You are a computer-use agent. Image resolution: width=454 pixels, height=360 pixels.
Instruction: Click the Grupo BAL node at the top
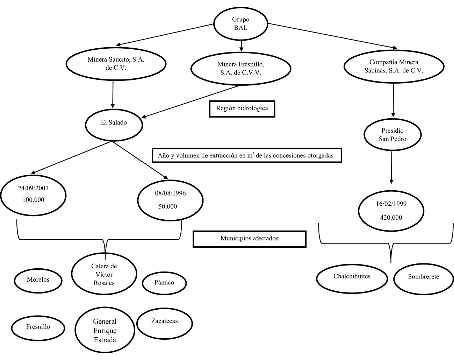pyautogui.click(x=240, y=24)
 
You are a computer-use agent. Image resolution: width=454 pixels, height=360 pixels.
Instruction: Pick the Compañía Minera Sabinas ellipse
pyautogui.click(x=394, y=66)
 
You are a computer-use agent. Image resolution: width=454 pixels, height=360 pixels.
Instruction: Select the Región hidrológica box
pyautogui.click(x=242, y=108)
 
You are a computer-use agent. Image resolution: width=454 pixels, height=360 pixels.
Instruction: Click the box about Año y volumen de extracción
pyautogui.click(x=247, y=156)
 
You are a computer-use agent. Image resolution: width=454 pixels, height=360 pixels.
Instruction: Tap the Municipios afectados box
pyautogui.click(x=249, y=239)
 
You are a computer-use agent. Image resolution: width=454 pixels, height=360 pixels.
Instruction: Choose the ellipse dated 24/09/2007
pyautogui.click(x=33, y=194)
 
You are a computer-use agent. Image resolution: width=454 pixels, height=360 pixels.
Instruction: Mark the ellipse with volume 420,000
pyautogui.click(x=391, y=211)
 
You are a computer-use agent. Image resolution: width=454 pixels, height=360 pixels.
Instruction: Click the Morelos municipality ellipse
pyautogui.click(x=38, y=280)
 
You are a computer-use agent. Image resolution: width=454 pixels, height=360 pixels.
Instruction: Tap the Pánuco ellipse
pyautogui.click(x=164, y=283)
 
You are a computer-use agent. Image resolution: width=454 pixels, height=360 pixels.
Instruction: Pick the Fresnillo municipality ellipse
pyautogui.click(x=38, y=327)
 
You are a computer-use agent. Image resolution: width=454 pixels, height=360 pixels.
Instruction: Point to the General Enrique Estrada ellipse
pyautogui.click(x=105, y=331)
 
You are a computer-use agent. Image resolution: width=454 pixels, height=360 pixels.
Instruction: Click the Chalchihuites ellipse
pyautogui.click(x=352, y=277)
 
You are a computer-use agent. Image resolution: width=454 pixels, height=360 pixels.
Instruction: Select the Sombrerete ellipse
pyautogui.click(x=423, y=277)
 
